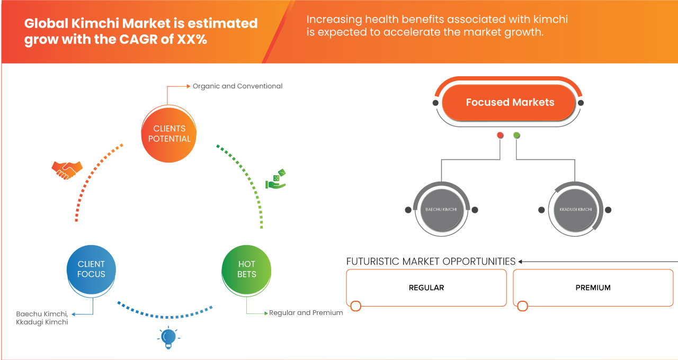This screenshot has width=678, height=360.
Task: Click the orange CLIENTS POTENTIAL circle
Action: pyautogui.click(x=169, y=133)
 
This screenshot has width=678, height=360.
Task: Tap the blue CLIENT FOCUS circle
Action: pyautogui.click(x=91, y=269)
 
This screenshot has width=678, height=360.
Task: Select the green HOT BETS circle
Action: pyautogui.click(x=246, y=269)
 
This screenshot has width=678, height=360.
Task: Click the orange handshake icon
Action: pyautogui.click(x=67, y=169)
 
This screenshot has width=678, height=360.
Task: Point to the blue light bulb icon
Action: pyautogui.click(x=168, y=338)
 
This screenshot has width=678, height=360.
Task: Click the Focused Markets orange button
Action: pyautogui.click(x=510, y=103)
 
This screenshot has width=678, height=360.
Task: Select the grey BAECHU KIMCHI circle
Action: pyautogui.click(x=441, y=210)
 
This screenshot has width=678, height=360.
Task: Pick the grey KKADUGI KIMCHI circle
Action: pyautogui.click(x=575, y=210)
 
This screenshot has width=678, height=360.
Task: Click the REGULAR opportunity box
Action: pyautogui.click(x=426, y=288)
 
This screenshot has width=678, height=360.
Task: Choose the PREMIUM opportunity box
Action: pyautogui.click(x=593, y=288)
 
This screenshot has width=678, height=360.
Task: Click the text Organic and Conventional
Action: pyautogui.click(x=237, y=86)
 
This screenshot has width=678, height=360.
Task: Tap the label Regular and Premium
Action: pyautogui.click(x=306, y=313)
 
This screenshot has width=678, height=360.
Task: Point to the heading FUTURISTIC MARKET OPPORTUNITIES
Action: pyautogui.click(x=431, y=262)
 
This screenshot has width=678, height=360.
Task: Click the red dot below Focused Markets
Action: pyautogui.click(x=500, y=136)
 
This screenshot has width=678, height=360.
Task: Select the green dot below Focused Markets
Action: pyautogui.click(x=516, y=136)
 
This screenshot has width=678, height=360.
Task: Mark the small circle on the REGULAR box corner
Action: pyautogui.click(x=356, y=306)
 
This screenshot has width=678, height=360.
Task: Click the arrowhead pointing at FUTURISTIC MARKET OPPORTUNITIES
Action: pyautogui.click(x=521, y=262)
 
